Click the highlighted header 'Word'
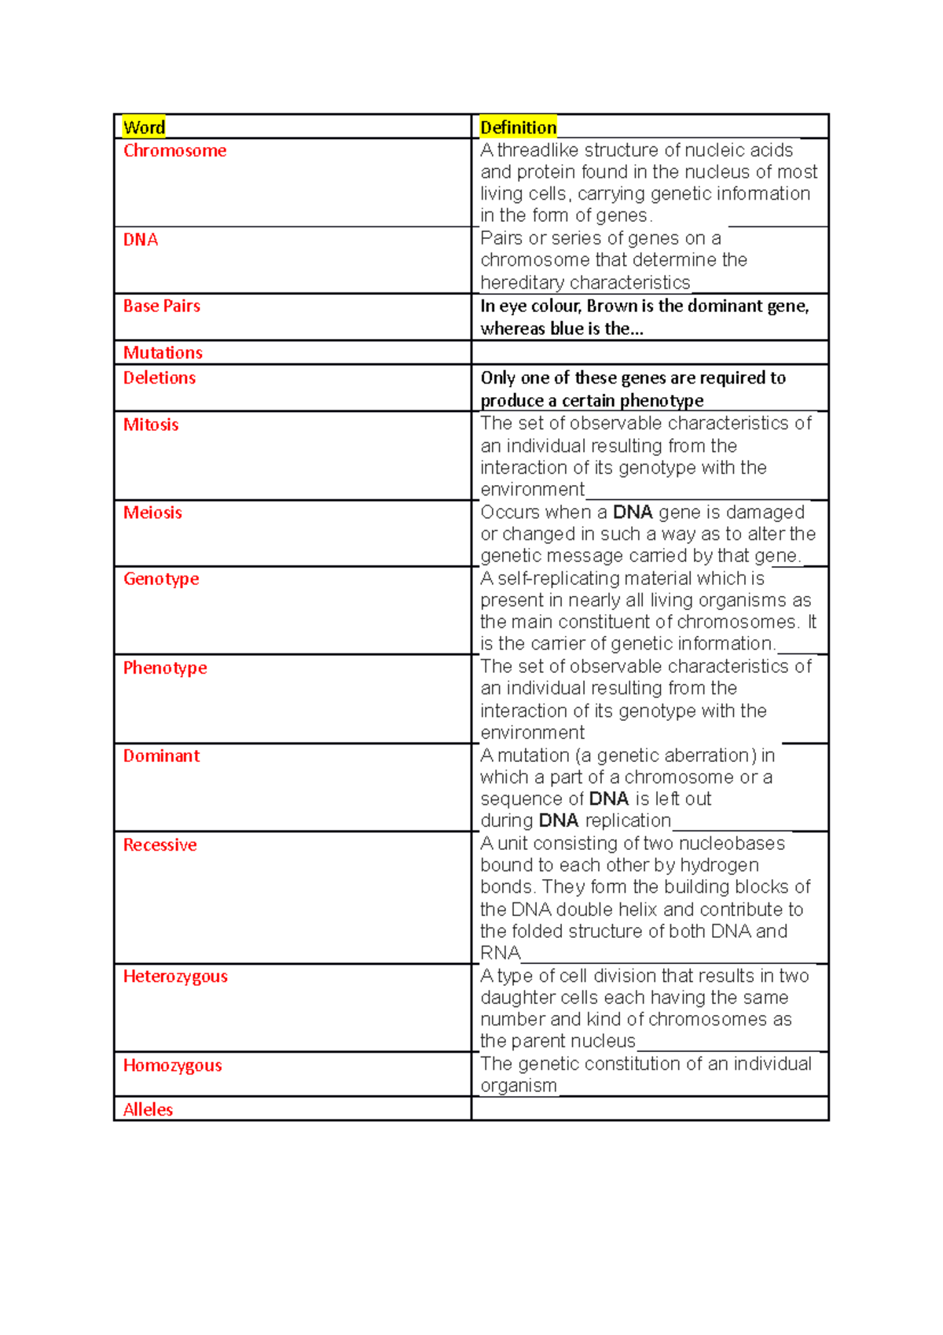[x=144, y=127]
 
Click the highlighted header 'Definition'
[x=518, y=127]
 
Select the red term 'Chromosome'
[x=174, y=151]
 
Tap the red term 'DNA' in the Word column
[x=141, y=240]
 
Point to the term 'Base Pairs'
[x=161, y=306]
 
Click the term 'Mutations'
[x=163, y=353]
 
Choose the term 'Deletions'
[x=159, y=378]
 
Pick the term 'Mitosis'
[x=151, y=425]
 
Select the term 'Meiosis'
[x=152, y=513]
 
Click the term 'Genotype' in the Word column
[x=161, y=579]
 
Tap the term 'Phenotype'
[x=165, y=668]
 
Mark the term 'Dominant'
[x=161, y=756]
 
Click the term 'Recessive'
[x=160, y=845]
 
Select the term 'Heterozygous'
[x=175, y=976]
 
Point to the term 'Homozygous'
[x=172, y=1066]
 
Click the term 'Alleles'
[x=148, y=1109]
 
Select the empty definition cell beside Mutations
[x=649, y=352]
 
